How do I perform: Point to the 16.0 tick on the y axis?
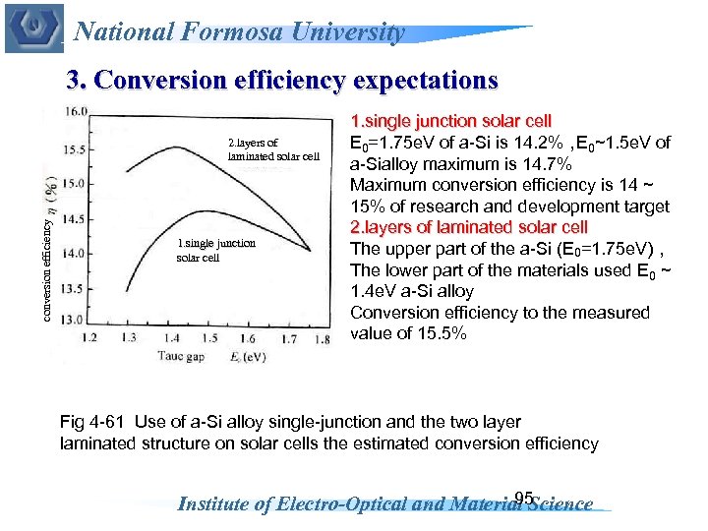[74, 112]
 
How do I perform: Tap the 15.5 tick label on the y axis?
[74, 149]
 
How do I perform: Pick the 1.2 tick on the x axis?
[89, 338]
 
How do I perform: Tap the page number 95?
[523, 497]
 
